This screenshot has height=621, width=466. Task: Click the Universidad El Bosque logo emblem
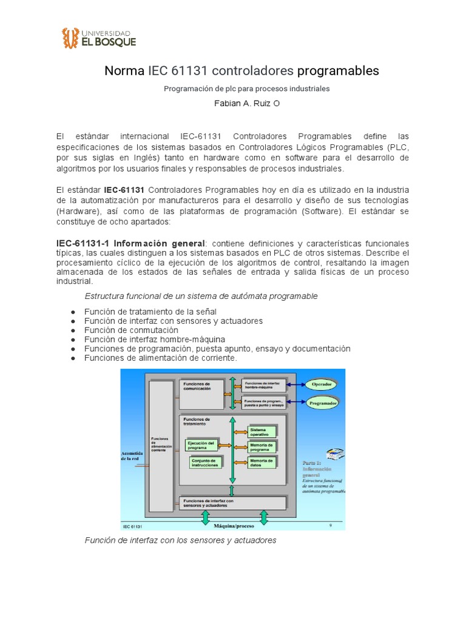point(70,38)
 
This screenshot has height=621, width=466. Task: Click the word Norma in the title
point(124,71)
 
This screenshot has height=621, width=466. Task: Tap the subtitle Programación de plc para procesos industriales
point(246,89)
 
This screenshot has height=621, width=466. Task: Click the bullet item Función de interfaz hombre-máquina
point(154,339)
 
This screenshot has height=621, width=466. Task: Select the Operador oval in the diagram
point(321,384)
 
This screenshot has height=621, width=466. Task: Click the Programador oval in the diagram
point(323,402)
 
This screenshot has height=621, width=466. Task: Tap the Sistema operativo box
point(262,431)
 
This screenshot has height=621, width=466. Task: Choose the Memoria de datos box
point(262,463)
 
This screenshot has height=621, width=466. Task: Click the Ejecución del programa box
point(201,445)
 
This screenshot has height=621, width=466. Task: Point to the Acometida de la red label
point(132,456)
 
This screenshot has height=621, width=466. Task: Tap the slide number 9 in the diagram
point(331,526)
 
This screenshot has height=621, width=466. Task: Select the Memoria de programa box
point(262,447)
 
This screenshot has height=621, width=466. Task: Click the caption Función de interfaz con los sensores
point(180,540)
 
